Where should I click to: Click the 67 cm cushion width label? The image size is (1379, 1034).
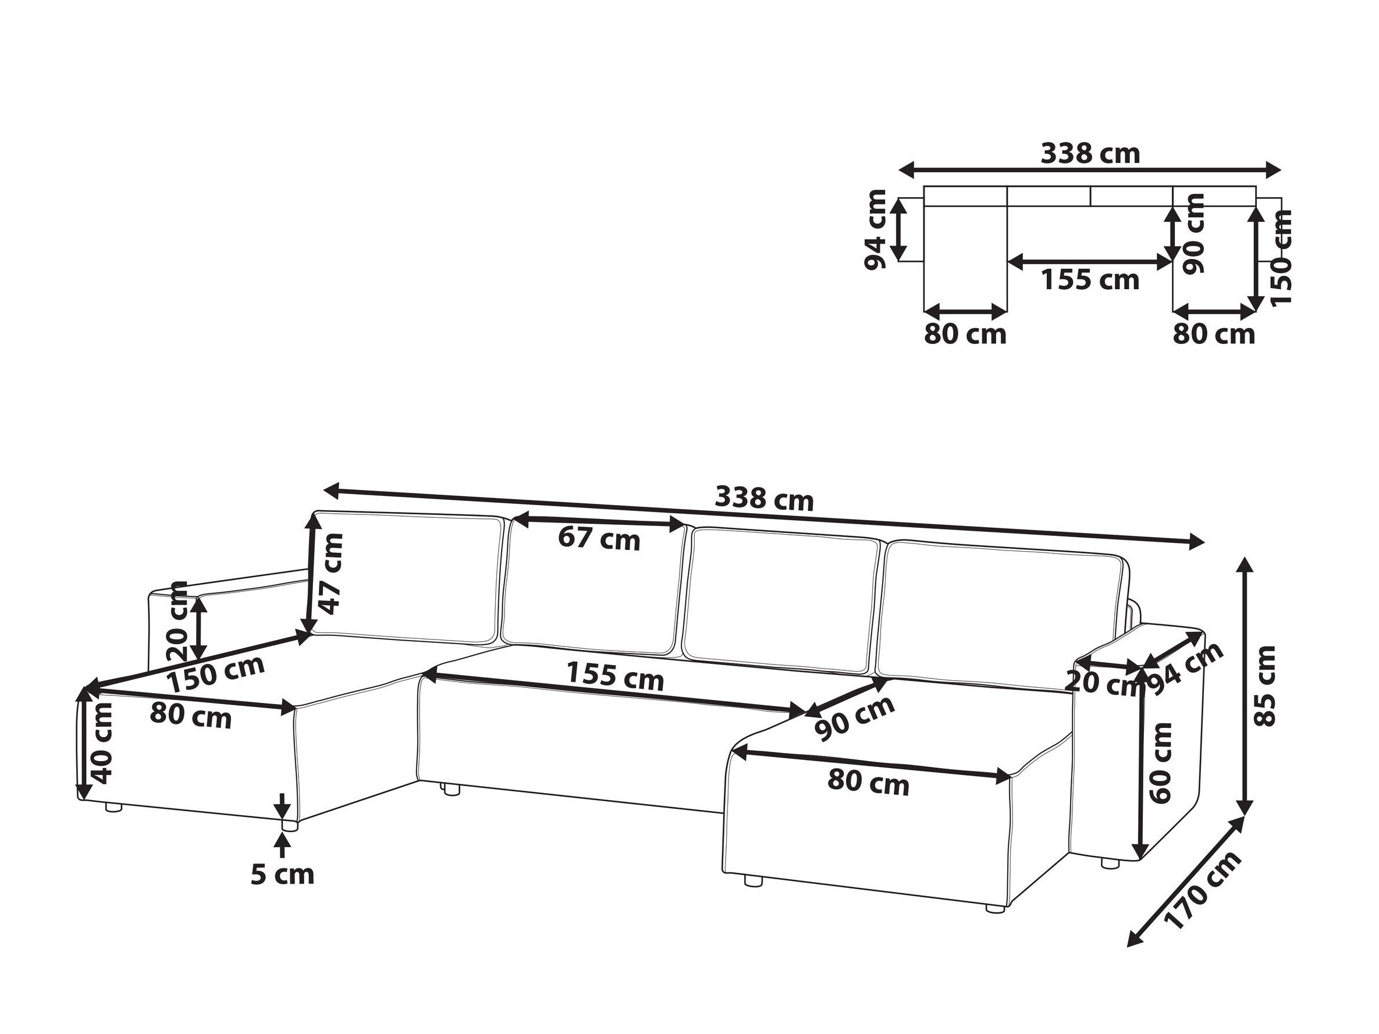click(599, 538)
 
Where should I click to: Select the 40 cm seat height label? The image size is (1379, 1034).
click(102, 742)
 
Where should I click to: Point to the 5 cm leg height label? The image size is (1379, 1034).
click(282, 875)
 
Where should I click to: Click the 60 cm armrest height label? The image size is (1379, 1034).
click(1160, 762)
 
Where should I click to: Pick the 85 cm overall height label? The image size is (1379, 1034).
click(1266, 685)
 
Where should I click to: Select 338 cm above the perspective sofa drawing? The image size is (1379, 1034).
click(763, 500)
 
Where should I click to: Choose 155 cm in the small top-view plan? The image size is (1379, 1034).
click(1090, 280)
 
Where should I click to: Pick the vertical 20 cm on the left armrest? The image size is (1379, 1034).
click(178, 620)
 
